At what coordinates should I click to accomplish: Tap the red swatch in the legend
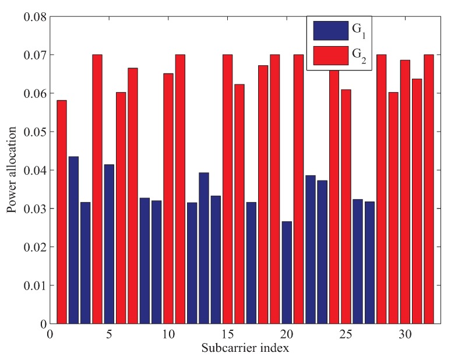pos(329,55)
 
